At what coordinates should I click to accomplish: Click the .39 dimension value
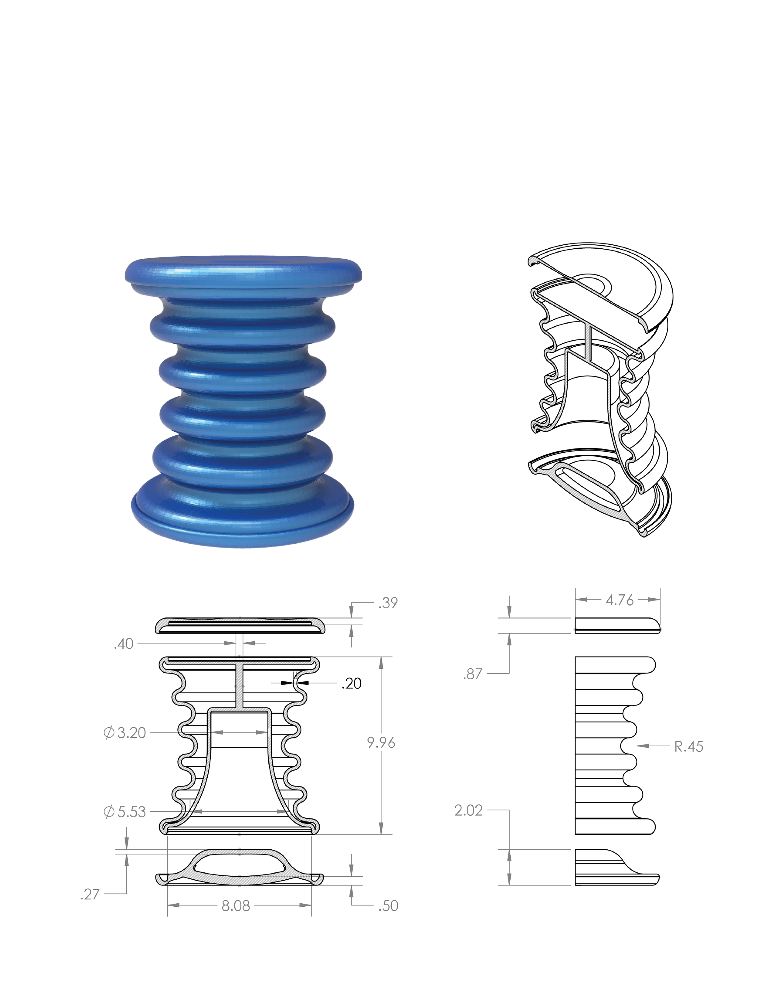[388, 603]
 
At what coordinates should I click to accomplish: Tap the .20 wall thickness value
[351, 683]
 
